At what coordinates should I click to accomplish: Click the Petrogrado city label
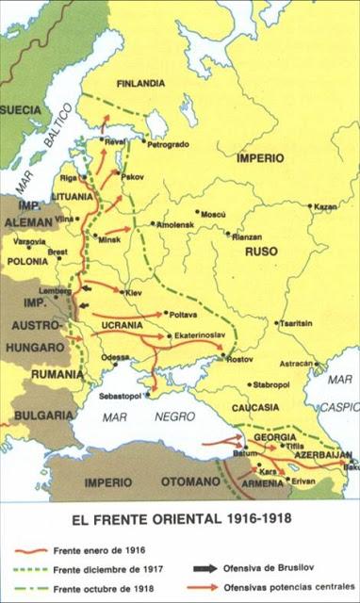(171, 143)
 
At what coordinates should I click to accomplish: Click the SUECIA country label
(20, 109)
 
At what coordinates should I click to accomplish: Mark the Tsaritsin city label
(294, 322)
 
